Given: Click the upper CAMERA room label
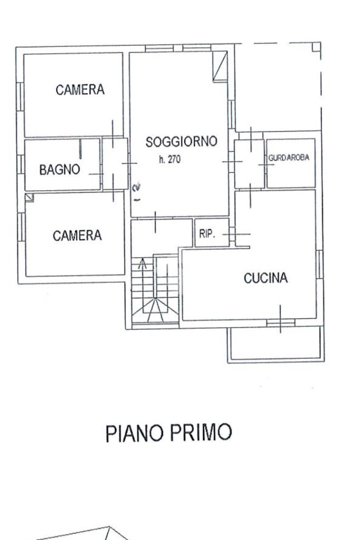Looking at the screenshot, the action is (80, 90).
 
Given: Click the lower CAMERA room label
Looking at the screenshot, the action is (77, 235).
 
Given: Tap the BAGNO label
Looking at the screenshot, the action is (60, 170).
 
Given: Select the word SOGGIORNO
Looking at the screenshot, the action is (181, 142).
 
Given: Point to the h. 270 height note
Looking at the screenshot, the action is (170, 160).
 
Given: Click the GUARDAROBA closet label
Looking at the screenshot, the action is (289, 158).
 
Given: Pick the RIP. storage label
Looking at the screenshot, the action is (207, 234).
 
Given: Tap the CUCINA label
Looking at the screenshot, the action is (266, 278).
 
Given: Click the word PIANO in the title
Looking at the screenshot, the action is (135, 433).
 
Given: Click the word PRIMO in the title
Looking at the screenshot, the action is (201, 432).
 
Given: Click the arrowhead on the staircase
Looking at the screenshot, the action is (142, 263).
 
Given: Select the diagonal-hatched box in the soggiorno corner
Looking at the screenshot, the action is (220, 66).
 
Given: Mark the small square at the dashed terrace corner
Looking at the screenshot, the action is (316, 47).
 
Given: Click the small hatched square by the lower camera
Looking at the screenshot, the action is (30, 198).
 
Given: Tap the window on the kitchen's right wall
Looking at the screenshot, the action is (320, 264).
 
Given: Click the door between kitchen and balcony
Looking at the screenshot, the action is (281, 323).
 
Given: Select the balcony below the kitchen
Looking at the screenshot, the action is (276, 344).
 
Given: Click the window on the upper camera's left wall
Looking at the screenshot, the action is (20, 96).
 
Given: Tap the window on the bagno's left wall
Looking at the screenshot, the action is (21, 164).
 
